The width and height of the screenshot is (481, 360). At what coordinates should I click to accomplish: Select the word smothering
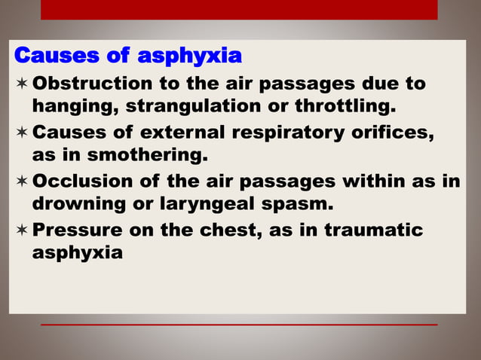[x=155, y=156]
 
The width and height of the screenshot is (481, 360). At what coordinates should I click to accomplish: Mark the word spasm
[x=302, y=204]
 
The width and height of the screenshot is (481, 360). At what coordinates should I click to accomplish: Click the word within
[x=379, y=183]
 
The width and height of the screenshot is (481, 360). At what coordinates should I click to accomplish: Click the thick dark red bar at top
[x=239, y=9]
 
